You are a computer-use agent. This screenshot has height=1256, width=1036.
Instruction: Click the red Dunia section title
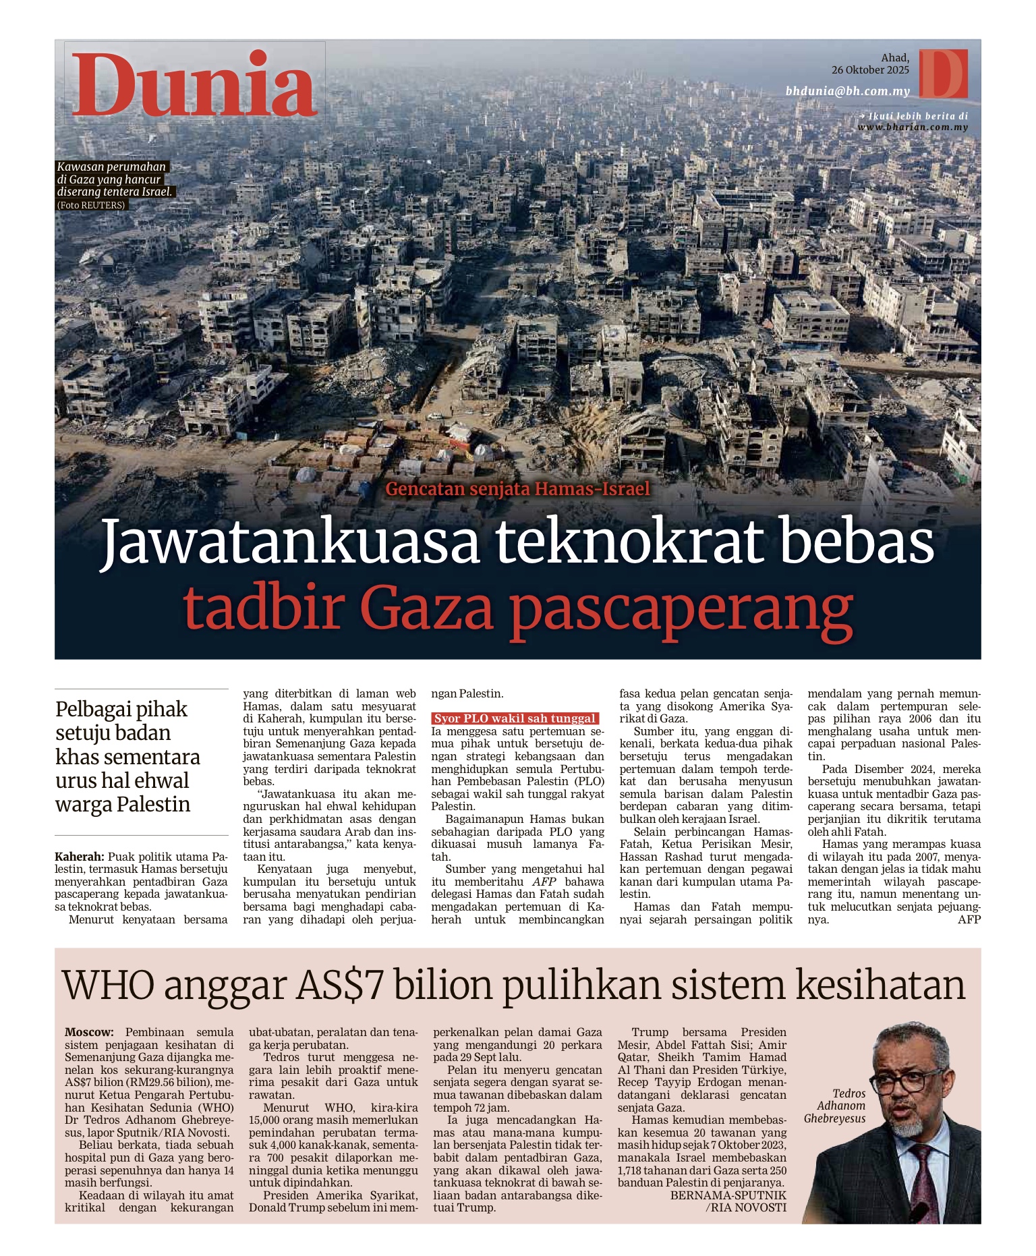[194, 85]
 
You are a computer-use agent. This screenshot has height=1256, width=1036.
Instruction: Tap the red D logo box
[943, 74]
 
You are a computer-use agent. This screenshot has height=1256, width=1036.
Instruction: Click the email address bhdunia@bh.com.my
[847, 91]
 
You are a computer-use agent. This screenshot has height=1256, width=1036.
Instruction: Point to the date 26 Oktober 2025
[870, 70]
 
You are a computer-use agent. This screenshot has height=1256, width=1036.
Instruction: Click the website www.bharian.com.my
[913, 127]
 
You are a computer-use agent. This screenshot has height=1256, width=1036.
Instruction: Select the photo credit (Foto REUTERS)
[92, 205]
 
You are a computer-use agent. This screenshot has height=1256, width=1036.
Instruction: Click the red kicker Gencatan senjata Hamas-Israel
[517, 489]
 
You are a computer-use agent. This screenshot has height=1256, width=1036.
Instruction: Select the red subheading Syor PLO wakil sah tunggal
[515, 718]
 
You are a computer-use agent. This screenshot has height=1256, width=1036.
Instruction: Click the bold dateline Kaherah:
[79, 857]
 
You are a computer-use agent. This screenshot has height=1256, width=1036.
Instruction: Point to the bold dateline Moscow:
[89, 1032]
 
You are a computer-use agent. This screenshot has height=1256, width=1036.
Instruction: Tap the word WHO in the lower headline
[109, 986]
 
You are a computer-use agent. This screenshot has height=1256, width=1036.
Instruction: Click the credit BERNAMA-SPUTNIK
[728, 1195]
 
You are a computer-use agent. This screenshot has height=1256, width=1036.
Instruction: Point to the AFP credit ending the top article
[969, 919]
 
